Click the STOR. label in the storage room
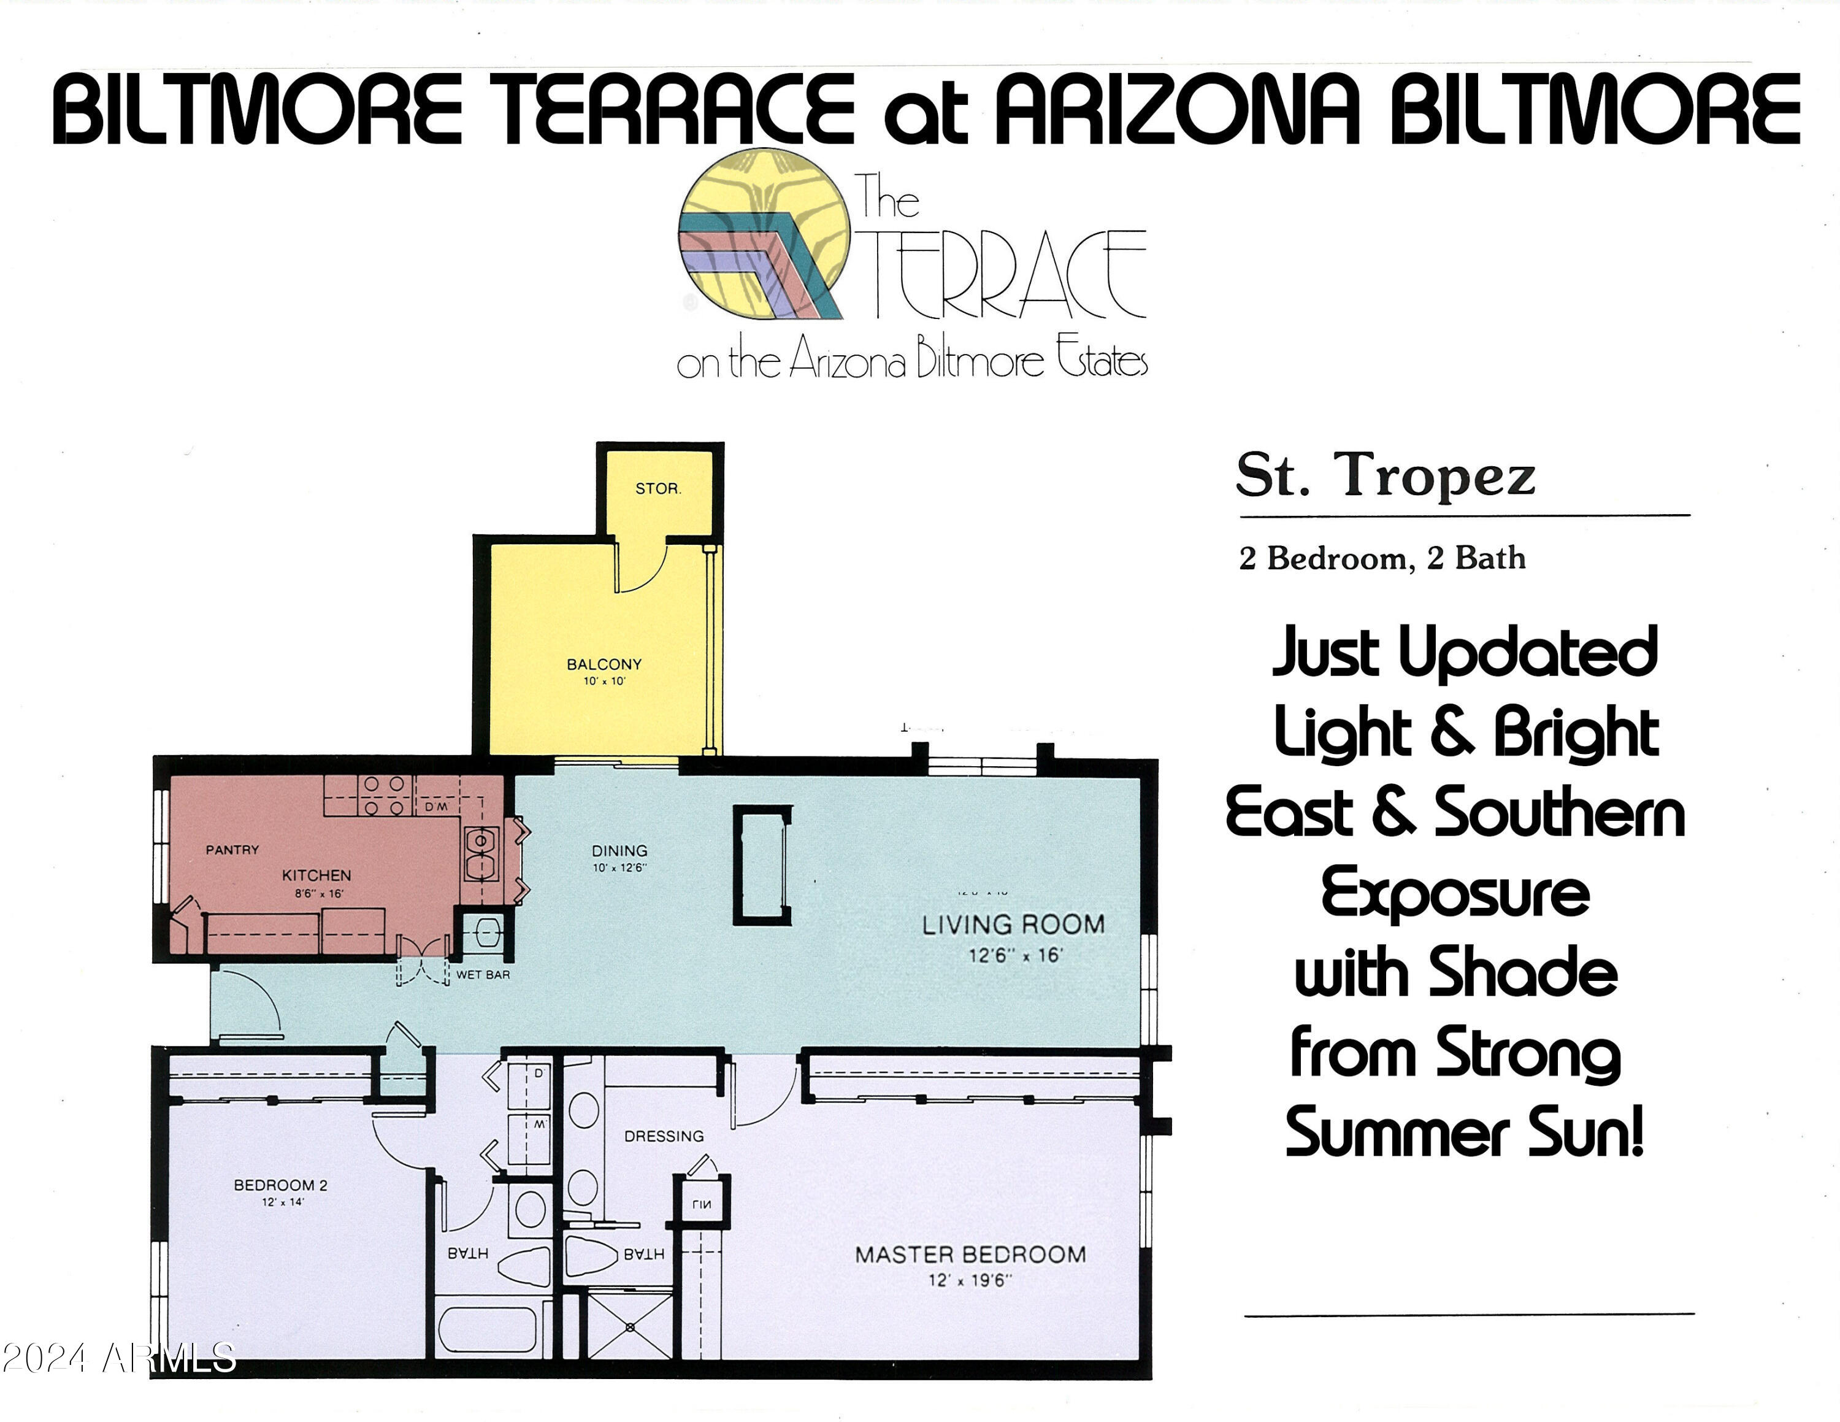[658, 488]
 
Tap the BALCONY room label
[604, 664]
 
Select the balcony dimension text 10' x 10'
[604, 682]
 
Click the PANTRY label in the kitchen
[232, 850]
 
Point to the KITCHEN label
[316, 876]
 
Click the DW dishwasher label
[437, 807]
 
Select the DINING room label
[619, 851]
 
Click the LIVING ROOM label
[1013, 925]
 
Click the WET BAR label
[483, 975]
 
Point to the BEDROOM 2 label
[280, 1185]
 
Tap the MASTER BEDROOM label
[970, 1255]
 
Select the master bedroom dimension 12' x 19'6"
[970, 1280]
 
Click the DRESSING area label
[664, 1136]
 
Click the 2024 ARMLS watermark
[118, 1358]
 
